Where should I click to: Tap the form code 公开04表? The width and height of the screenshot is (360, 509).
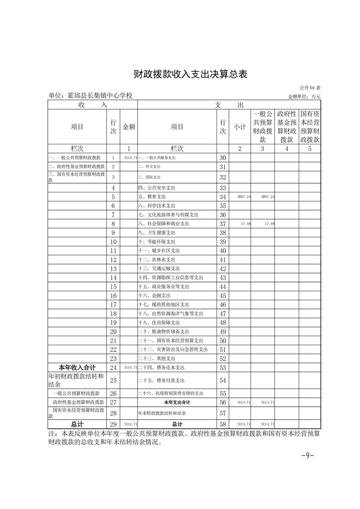point(310,87)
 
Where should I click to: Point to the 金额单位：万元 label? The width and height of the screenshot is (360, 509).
point(304,97)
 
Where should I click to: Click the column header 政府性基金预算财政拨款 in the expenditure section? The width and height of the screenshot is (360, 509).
point(286,127)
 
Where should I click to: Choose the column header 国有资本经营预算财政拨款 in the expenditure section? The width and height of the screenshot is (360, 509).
point(310,127)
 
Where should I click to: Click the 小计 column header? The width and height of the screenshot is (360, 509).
point(240,127)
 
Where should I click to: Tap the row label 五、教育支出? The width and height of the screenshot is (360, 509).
point(152,197)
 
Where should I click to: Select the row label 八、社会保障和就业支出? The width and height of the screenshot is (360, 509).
point(163,224)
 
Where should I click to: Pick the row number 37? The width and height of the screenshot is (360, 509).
point(222,224)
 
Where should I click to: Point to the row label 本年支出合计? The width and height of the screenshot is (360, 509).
point(177,402)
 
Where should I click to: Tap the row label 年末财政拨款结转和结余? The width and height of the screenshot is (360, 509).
point(162,413)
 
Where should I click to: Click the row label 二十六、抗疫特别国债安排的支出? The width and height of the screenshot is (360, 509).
point(170,393)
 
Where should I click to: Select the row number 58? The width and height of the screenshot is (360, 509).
point(222,424)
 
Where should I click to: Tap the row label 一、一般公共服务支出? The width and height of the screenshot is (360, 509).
point(157,158)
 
